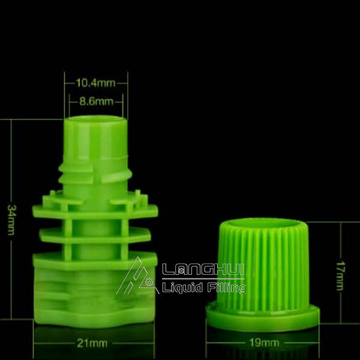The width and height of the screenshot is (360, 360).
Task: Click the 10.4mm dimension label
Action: (x=96, y=83)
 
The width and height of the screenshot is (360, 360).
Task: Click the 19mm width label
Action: (x=264, y=343)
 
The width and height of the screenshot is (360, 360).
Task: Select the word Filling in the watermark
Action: (x=226, y=289)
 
